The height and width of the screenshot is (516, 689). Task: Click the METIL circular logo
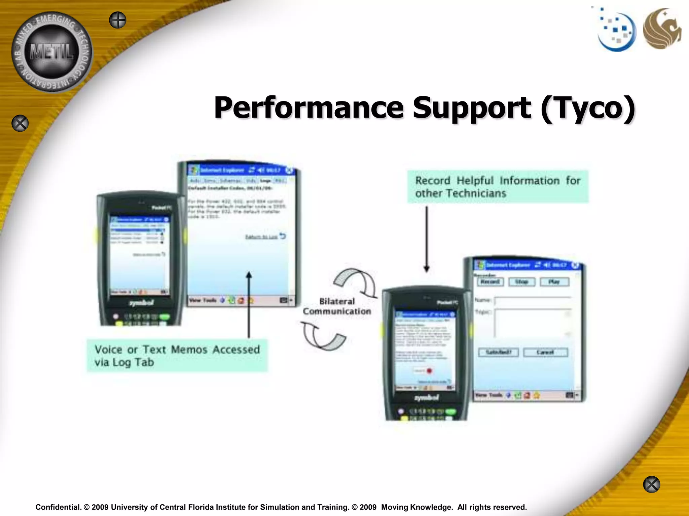tap(52, 52)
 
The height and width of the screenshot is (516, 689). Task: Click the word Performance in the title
tap(309, 108)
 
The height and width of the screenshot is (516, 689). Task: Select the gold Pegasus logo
tap(661, 29)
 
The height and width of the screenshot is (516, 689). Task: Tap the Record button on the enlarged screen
tap(490, 282)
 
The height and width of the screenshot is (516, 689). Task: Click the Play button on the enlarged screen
tap(554, 282)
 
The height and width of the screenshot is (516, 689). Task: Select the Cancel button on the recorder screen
tap(545, 352)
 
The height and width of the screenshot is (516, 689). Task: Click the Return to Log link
tap(261, 237)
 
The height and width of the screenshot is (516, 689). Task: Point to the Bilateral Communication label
tap(337, 306)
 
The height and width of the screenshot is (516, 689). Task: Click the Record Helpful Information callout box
tap(498, 187)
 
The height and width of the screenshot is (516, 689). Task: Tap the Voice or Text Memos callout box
tap(177, 356)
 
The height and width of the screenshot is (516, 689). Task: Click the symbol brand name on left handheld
tap(142, 303)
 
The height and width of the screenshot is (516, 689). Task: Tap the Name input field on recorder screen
tap(533, 300)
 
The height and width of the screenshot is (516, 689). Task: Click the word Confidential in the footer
tap(58, 507)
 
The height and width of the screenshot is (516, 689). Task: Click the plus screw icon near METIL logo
tap(117, 20)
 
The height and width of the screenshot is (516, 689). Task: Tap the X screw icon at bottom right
tap(651, 484)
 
